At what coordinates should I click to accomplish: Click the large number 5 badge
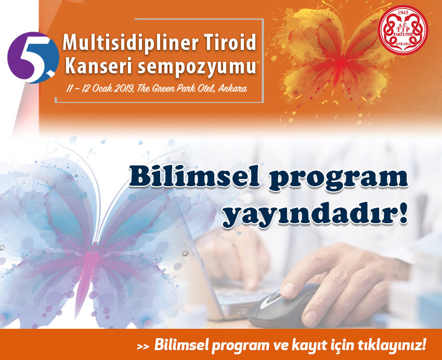tap(33, 58)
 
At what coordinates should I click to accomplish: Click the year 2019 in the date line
tap(125, 88)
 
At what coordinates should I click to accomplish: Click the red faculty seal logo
tap(403, 30)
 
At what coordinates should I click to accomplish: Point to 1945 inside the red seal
tap(402, 13)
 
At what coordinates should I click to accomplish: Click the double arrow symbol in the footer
tap(143, 347)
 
